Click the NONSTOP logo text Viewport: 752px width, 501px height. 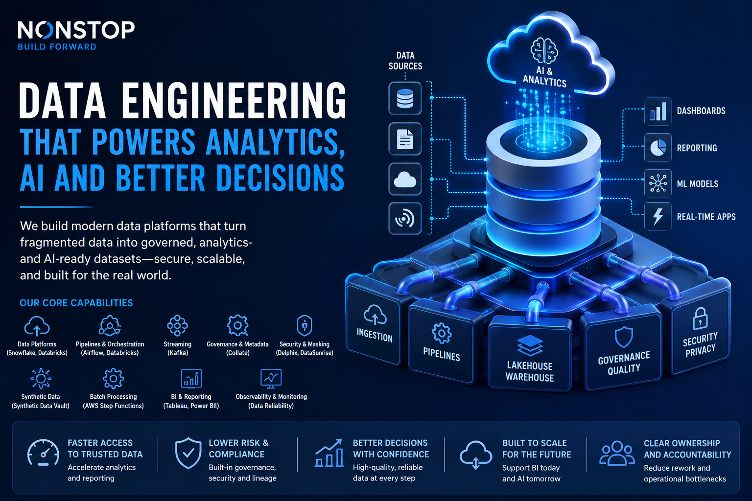pos(76,30)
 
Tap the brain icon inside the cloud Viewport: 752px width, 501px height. pos(544,51)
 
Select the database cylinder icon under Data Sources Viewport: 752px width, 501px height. pos(405,99)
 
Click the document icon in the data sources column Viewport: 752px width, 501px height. pos(405,139)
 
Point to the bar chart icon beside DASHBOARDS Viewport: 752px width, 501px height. pos(658,112)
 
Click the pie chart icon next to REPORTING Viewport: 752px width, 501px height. pos(658,148)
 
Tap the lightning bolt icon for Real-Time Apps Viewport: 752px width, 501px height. pos(658,216)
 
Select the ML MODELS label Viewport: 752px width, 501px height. pos(697,184)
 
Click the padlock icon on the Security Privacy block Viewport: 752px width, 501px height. pos(700,319)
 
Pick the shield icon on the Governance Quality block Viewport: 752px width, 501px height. pos(624,337)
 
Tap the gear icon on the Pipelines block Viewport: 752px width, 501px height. pos(442,333)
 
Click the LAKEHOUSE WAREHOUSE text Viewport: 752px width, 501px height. pos(530,371)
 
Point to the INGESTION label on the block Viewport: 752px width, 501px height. pos(375,335)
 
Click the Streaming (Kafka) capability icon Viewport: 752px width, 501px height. pos(177,325)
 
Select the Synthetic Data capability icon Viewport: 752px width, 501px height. pos(41,379)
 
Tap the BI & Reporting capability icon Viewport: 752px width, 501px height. pos(191,378)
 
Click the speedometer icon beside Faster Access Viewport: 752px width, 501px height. pos(43,453)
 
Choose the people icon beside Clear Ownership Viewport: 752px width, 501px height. pos(617,453)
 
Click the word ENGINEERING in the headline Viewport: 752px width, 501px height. pos(234,101)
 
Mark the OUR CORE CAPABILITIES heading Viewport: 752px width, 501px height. pos(76,303)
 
